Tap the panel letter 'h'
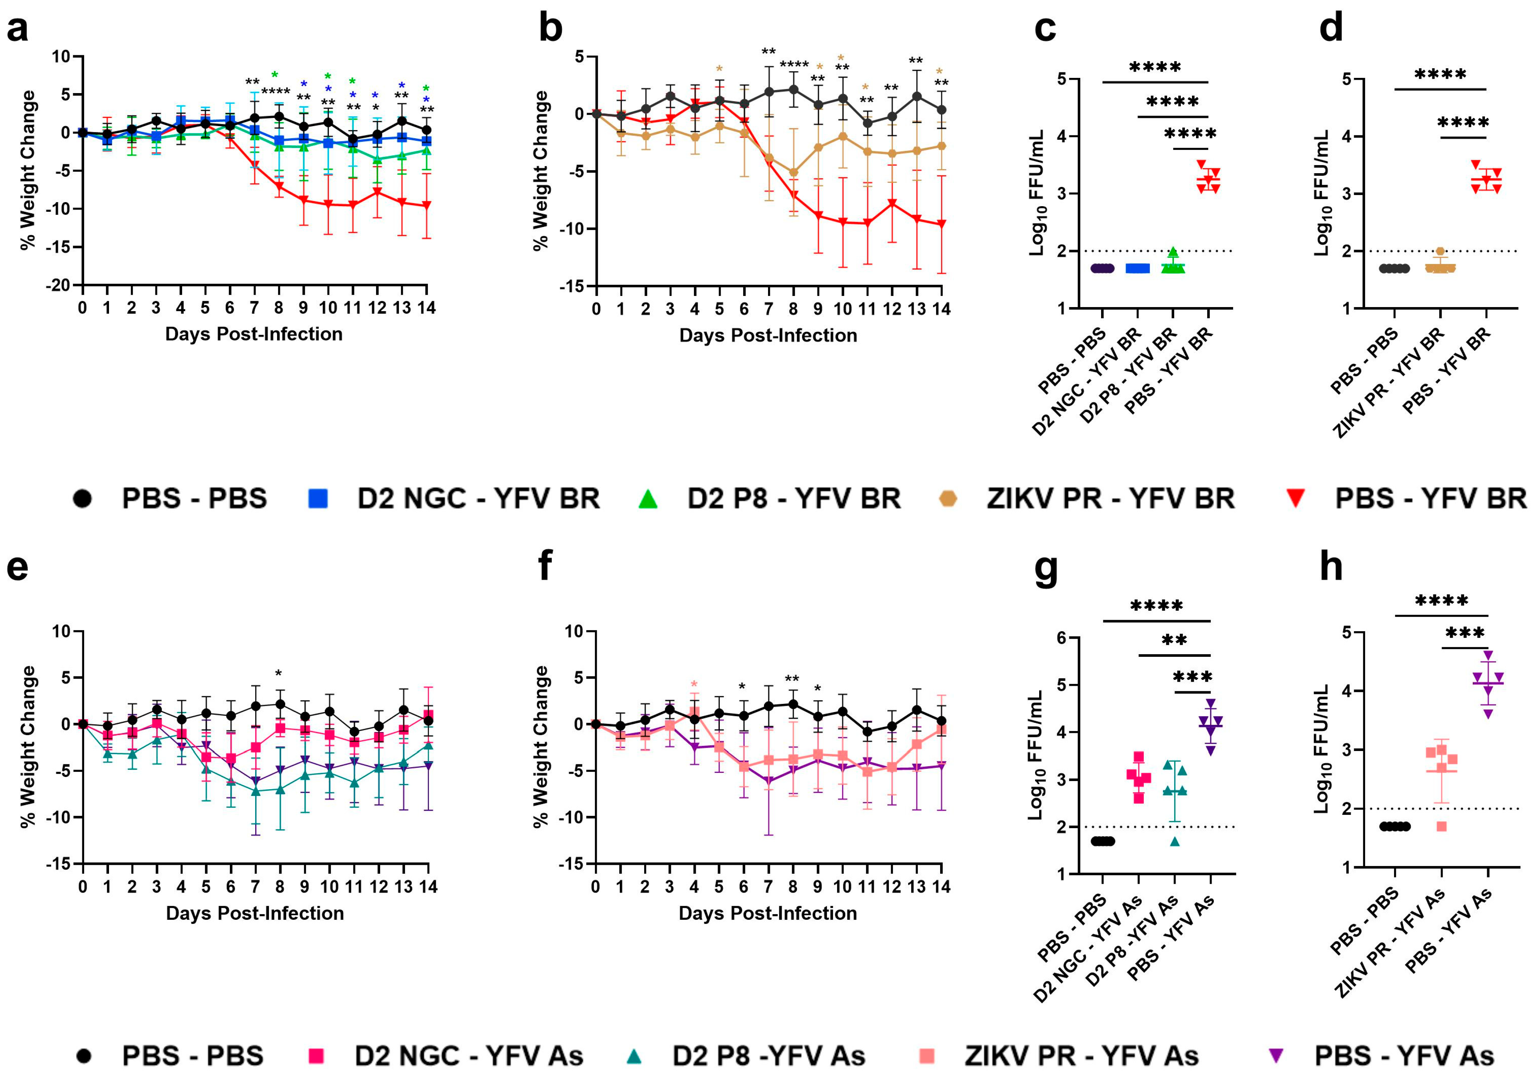point(1331,567)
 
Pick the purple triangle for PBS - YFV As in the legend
point(1276,1055)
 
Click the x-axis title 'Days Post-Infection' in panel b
point(768,336)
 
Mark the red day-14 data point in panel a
point(426,205)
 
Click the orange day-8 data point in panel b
point(793,172)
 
